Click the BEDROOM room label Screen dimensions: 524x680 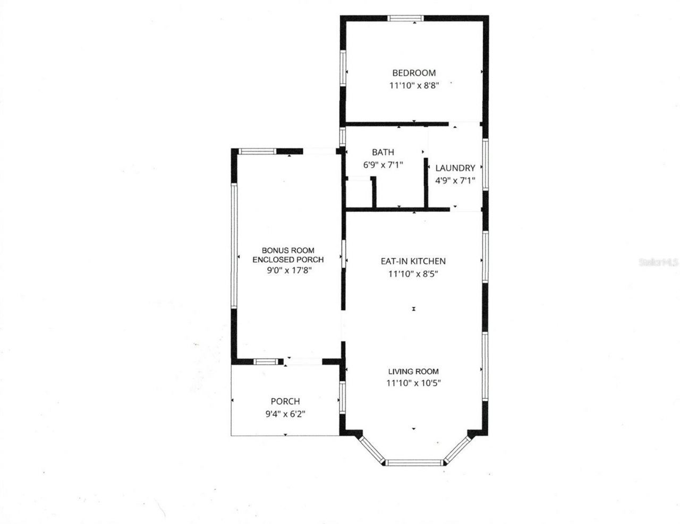pos(414,73)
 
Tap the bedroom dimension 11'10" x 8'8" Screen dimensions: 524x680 pos(414,85)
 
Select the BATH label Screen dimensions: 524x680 pos(382,152)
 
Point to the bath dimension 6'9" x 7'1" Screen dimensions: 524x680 pos(382,165)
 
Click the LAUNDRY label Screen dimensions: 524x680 pos(455,168)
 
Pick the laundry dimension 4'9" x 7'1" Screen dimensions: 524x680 pos(455,180)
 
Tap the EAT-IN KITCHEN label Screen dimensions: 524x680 pos(413,261)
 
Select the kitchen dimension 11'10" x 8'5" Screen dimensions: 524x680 pos(413,274)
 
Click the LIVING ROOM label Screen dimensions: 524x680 pos(413,372)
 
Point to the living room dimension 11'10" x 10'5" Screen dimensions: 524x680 pos(413,383)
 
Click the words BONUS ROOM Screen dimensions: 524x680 pos(288,250)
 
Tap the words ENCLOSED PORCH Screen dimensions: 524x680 pos(288,260)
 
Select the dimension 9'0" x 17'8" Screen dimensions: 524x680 pos(288,270)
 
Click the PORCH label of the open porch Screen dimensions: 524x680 pos(285,401)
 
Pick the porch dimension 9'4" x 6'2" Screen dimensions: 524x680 pos(285,414)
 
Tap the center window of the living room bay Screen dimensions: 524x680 pos(414,462)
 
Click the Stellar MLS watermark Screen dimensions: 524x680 pos(659,262)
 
